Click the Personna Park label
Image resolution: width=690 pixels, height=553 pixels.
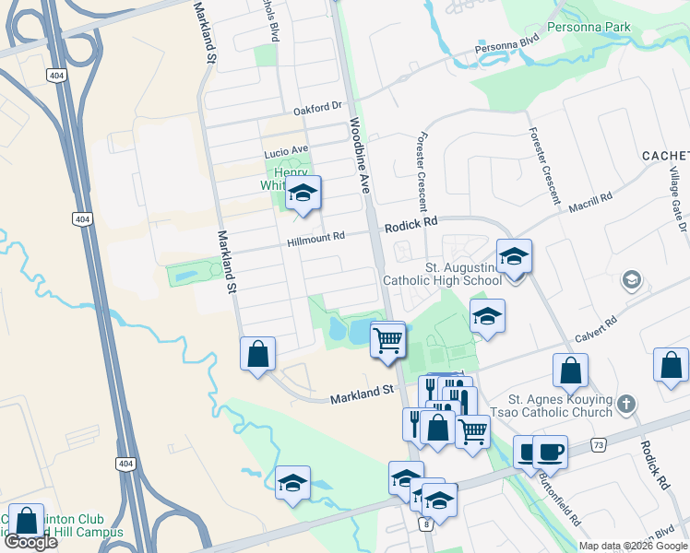[591, 27]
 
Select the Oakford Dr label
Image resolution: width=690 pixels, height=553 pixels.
[317, 109]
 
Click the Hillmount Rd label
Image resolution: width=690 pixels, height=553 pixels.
[315, 237]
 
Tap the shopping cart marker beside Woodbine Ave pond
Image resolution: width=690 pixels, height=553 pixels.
[388, 341]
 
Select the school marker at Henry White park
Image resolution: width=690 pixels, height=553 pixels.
[302, 194]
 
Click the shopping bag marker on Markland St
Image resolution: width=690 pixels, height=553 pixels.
[258, 355]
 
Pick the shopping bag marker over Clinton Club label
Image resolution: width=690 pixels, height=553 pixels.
[28, 522]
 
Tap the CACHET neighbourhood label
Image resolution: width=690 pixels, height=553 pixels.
[665, 156]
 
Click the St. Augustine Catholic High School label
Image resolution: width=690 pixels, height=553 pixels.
[449, 273]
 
